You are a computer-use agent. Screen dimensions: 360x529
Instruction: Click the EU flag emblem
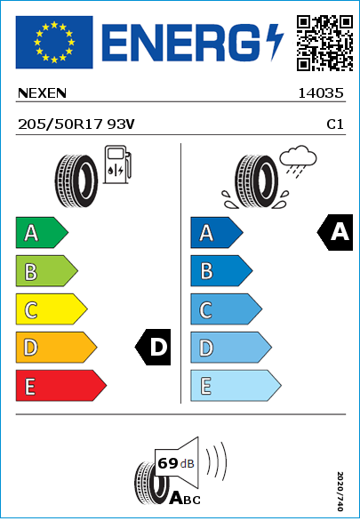pyautogui.click(x=54, y=42)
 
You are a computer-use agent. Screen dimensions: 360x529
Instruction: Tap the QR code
pyautogui.click(x=325, y=43)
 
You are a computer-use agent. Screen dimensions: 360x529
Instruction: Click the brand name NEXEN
pyautogui.click(x=42, y=93)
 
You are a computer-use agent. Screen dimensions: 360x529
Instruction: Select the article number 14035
pyautogui.click(x=321, y=93)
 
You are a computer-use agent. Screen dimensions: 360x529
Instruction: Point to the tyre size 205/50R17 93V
pyautogui.click(x=76, y=124)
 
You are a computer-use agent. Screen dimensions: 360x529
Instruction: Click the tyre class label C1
pyautogui.click(x=335, y=124)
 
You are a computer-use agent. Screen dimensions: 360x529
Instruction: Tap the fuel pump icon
pyautogui.click(x=117, y=164)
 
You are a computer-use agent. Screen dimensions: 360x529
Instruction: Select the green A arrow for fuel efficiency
pyautogui.click(x=42, y=232)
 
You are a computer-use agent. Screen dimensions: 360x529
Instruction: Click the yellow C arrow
pyautogui.click(x=52, y=309)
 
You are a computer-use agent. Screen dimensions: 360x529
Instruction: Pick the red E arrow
pyautogui.click(x=61, y=386)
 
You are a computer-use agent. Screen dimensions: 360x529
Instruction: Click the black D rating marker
pyautogui.click(x=153, y=347)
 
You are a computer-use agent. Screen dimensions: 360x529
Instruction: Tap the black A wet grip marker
pyautogui.click(x=335, y=232)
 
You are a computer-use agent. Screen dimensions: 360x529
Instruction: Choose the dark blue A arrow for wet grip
pyautogui.click(x=217, y=232)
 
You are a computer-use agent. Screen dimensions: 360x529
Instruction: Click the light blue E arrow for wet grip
pyautogui.click(x=236, y=386)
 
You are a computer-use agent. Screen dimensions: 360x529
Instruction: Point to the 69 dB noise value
pyautogui.click(x=176, y=463)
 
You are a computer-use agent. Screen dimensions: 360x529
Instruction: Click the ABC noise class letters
pyautogui.click(x=185, y=498)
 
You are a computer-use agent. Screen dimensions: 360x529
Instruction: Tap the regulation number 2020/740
pyautogui.click(x=340, y=491)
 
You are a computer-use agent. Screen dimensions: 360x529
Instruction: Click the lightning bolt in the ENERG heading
pyautogui.click(x=275, y=43)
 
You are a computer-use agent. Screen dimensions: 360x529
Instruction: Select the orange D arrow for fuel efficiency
pyautogui.click(x=56, y=347)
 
